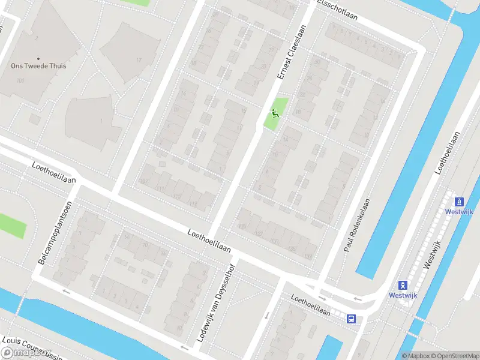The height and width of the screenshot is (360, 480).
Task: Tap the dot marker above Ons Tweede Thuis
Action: point(38,58)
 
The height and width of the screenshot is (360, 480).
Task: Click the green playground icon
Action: point(275,112)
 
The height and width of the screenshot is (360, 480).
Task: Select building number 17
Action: point(138,60)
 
